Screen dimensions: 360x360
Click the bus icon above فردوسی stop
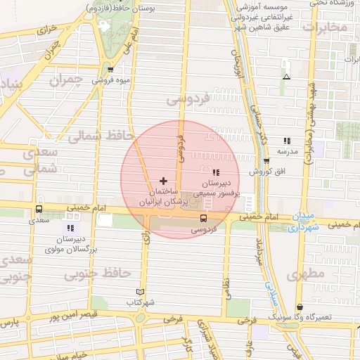[203, 217]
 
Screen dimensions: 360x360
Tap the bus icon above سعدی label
[39, 209]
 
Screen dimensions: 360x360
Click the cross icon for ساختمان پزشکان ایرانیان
[164, 181]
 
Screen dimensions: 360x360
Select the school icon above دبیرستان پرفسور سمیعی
[216, 172]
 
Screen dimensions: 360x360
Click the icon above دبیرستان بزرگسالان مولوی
[70, 228]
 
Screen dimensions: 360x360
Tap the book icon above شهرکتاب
[140, 292]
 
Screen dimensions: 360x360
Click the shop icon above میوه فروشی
[111, 69]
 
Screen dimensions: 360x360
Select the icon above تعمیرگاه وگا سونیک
[300, 307]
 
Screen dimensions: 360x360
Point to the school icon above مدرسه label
[286, 141]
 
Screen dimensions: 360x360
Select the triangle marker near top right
[285, 75]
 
